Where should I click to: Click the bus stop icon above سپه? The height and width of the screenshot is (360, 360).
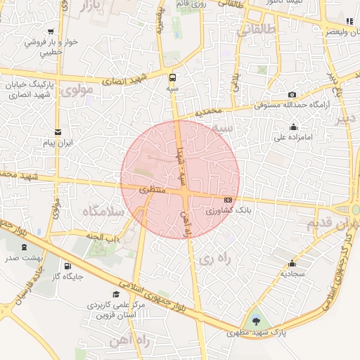click(x=173, y=77)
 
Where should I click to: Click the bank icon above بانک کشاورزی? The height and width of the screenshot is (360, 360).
click(x=228, y=200)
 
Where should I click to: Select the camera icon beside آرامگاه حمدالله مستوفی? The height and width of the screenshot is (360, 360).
click(x=292, y=95)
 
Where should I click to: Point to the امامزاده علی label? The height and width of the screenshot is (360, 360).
click(x=293, y=138)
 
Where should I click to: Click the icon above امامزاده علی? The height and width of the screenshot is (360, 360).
click(x=293, y=127)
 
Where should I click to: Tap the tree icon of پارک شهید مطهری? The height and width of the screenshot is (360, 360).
click(x=255, y=321)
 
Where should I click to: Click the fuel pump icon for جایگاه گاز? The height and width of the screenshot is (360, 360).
click(x=67, y=266)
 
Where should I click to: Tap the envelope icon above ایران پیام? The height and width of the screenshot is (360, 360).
click(x=58, y=131)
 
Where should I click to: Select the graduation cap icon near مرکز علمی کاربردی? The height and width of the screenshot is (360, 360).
click(x=116, y=295)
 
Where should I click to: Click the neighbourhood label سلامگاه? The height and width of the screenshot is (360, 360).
click(x=103, y=211)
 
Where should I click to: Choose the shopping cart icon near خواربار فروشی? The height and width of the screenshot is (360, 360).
click(x=51, y=31)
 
